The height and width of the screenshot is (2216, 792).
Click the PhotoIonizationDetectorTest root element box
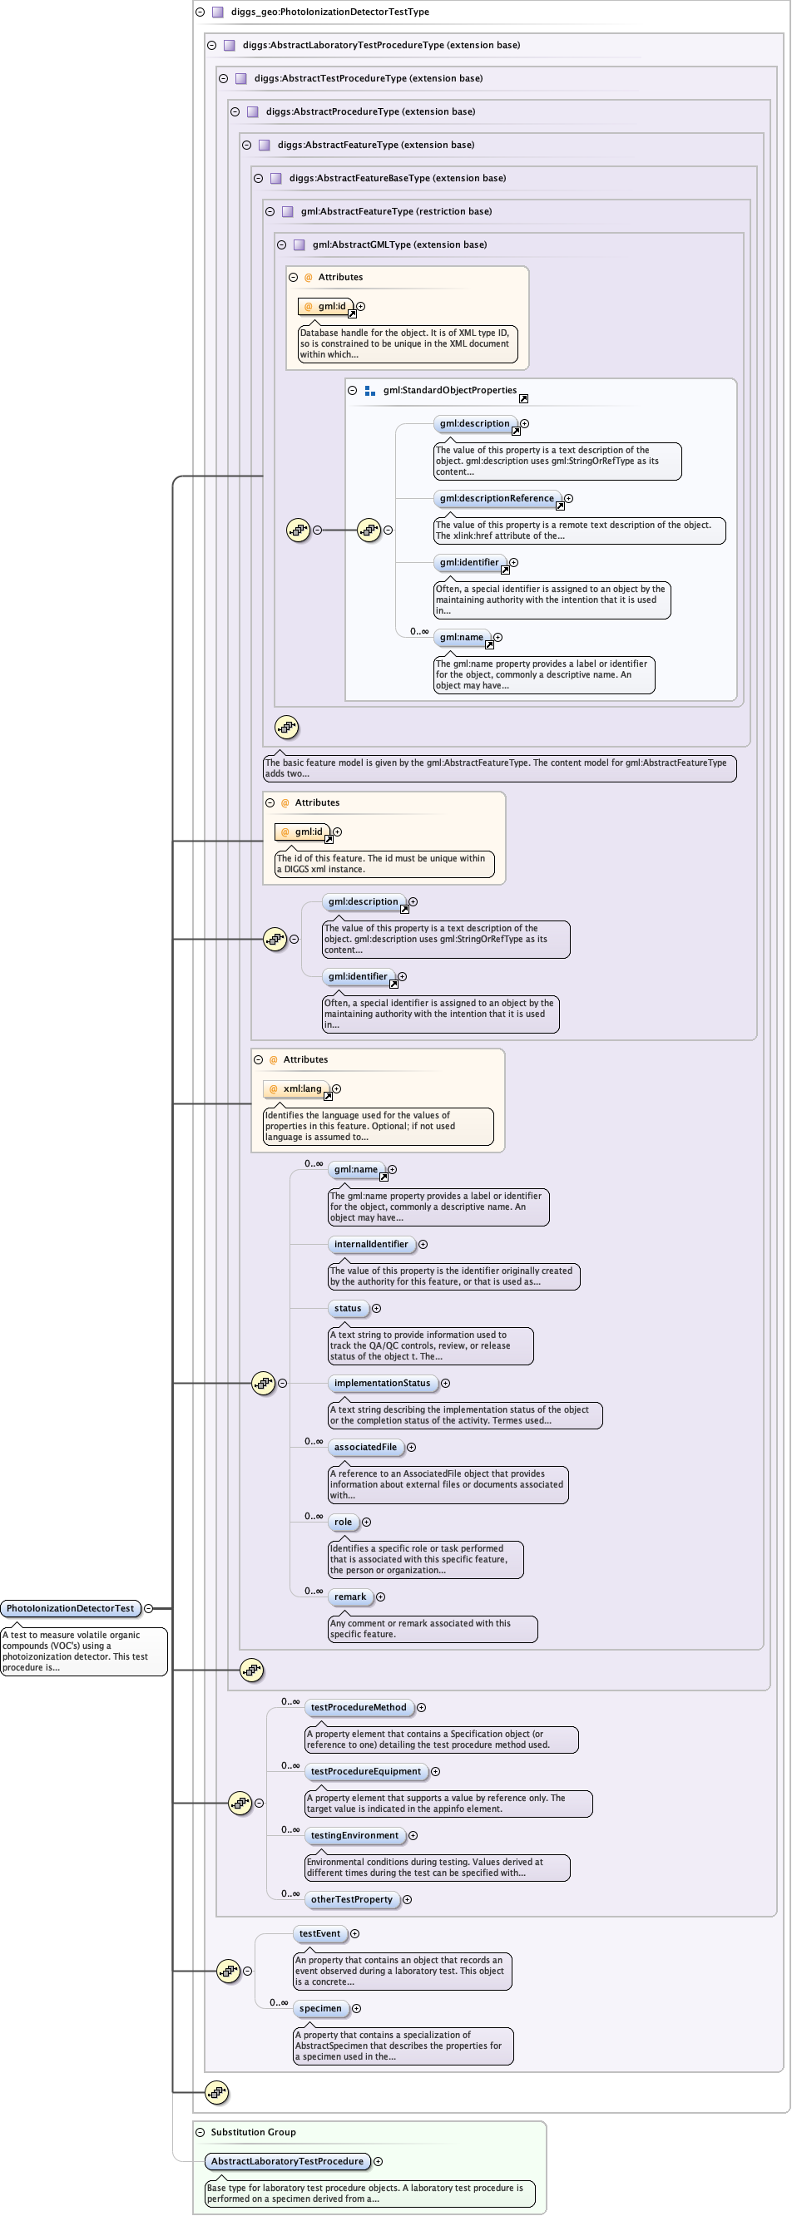coord(71,1608)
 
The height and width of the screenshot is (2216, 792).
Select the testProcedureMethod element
coord(358,1707)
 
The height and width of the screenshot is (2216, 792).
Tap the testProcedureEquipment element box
coord(366,1771)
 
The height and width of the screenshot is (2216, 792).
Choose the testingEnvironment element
coord(354,1835)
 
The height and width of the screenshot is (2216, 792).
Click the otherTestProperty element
coord(351,1898)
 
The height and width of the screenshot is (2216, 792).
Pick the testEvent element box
coord(319,1933)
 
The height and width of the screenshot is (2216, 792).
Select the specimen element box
coord(320,2008)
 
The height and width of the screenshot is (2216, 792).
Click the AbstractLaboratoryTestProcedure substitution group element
coord(287,2161)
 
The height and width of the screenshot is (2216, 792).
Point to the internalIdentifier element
coord(371,1244)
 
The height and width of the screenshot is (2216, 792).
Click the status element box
coord(348,1308)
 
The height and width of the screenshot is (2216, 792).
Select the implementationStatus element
coord(382,1383)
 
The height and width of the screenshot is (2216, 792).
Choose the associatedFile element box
coord(366,1447)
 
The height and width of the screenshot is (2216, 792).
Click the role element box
coord(343,1522)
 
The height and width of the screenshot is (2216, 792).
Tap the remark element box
coord(349,1597)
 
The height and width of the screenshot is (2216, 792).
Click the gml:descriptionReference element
coord(497,498)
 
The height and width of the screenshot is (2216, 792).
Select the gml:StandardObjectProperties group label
coord(449,390)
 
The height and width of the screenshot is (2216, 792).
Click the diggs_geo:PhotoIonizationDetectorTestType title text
coord(329,12)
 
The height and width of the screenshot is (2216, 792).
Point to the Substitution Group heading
coord(253,2132)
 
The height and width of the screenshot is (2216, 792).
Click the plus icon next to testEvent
coord(354,1933)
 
